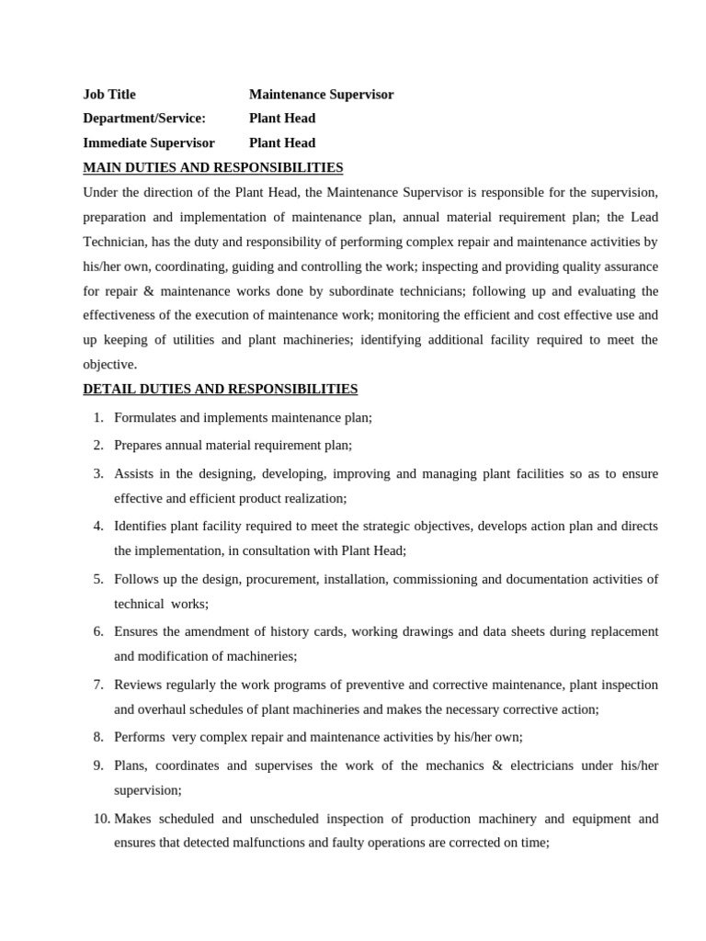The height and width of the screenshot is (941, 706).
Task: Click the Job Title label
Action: click(x=108, y=95)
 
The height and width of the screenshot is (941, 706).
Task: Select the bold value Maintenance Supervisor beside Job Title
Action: click(x=321, y=95)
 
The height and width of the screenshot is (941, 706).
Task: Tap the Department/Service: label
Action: click(x=144, y=119)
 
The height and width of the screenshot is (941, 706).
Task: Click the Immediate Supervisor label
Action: click(x=148, y=143)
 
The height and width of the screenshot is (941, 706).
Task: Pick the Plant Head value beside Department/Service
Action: click(x=281, y=119)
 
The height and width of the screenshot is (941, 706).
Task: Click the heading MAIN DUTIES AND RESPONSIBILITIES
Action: click(x=212, y=167)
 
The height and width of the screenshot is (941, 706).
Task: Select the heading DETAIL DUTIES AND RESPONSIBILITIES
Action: click(x=220, y=389)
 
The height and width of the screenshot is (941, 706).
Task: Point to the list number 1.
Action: click(x=97, y=417)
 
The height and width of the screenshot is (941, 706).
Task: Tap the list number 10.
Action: click(x=100, y=818)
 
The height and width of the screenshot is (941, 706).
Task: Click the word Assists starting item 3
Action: click(x=132, y=473)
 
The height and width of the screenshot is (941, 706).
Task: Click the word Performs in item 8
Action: click(x=140, y=737)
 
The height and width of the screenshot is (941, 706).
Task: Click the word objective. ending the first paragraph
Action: click(x=109, y=364)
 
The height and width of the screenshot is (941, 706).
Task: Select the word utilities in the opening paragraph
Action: click(x=192, y=339)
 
